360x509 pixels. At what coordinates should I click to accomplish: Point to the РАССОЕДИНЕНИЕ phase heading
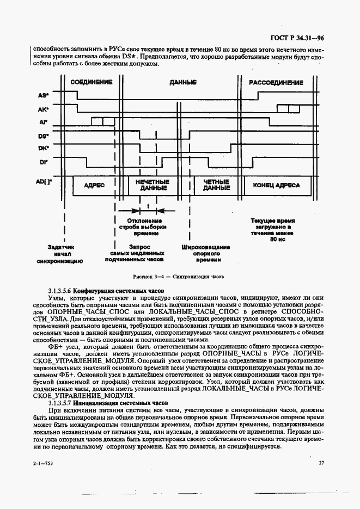(x=276, y=82)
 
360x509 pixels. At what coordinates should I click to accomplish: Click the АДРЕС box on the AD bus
(x=94, y=185)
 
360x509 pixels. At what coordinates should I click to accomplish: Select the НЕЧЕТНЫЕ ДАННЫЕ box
(x=153, y=185)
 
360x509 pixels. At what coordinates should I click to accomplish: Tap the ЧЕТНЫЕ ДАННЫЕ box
(x=216, y=185)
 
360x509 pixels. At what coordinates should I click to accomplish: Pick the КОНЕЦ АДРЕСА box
(x=276, y=185)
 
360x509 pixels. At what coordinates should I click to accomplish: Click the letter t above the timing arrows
(x=148, y=206)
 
